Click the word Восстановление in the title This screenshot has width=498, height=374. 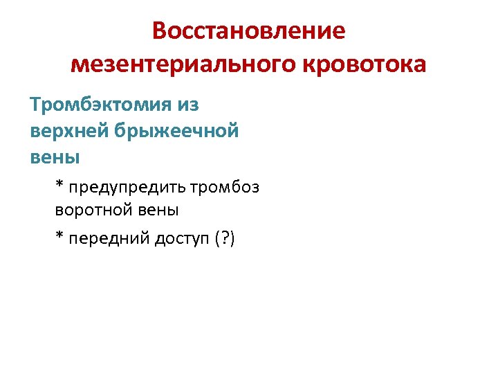[248, 32]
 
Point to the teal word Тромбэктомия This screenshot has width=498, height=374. [94, 105]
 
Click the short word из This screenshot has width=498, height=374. [187, 105]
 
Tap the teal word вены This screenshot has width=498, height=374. [55, 157]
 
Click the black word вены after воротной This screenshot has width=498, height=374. [156, 208]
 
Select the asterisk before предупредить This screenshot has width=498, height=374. [60, 186]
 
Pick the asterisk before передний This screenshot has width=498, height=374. [60, 237]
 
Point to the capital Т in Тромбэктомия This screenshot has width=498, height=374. [35, 105]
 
